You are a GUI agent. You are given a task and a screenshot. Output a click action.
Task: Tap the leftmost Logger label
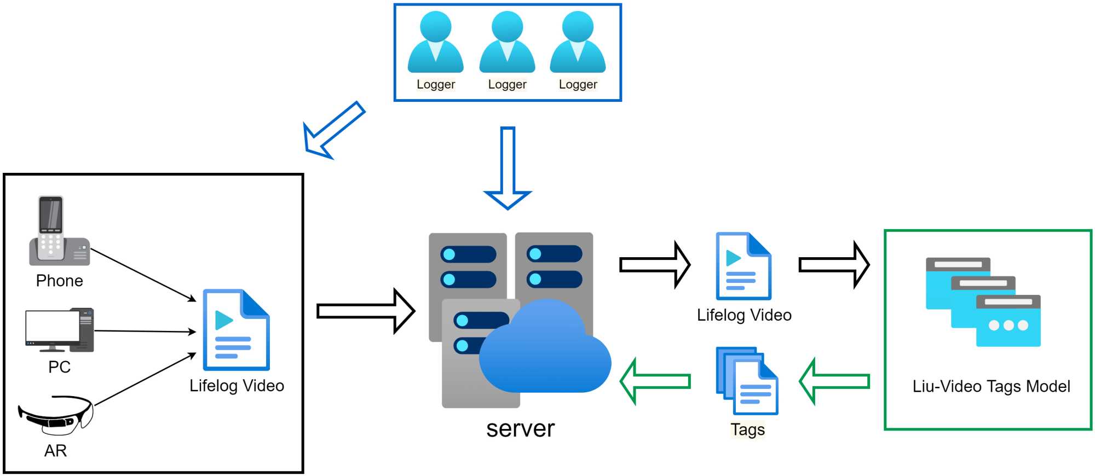436,84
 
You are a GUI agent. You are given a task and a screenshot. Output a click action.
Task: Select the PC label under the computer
59,367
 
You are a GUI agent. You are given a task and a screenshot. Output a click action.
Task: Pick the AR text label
55,450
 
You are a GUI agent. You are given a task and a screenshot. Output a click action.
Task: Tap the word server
520,428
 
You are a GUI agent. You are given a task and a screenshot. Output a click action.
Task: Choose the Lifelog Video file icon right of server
744,266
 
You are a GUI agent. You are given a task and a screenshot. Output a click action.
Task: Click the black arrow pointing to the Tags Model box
834,265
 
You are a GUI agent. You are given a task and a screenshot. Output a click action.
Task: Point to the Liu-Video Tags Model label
991,386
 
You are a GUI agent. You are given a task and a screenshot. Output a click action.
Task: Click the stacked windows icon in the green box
983,302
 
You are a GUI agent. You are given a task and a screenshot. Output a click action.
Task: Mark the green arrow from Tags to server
655,381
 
